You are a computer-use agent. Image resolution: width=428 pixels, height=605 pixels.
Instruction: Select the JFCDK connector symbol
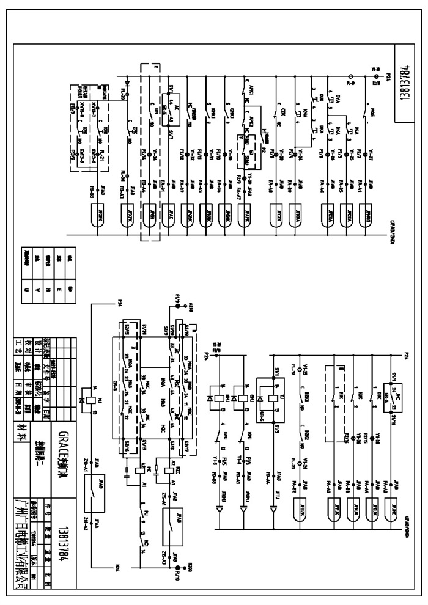(278, 215)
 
